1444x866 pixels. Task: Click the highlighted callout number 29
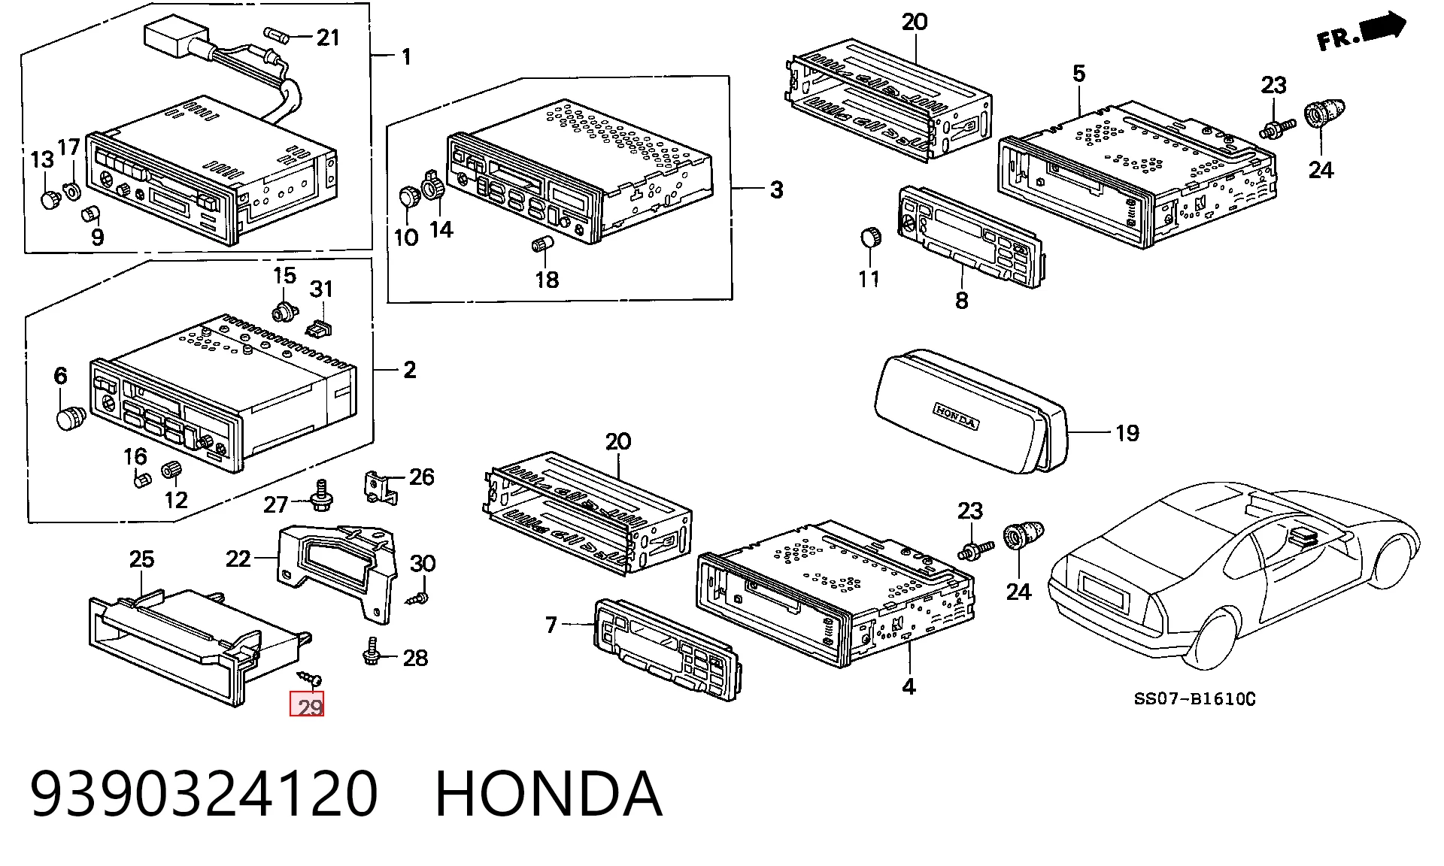click(x=307, y=705)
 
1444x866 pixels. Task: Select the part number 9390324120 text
click(x=204, y=794)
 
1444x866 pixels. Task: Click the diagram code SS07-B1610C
click(x=1194, y=699)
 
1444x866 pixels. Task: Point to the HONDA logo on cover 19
click(x=956, y=416)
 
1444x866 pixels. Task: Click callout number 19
click(x=1127, y=433)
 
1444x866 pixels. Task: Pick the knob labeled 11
click(x=870, y=238)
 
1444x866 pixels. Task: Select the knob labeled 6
click(x=71, y=417)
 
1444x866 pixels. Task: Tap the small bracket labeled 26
click(x=381, y=487)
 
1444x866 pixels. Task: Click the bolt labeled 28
click(x=372, y=651)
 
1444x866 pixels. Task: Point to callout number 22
click(x=238, y=559)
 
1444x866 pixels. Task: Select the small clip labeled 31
click(x=320, y=329)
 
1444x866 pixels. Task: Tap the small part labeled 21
click(x=276, y=35)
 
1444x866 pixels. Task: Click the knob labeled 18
click(x=541, y=244)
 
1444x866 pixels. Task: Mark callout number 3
click(x=776, y=189)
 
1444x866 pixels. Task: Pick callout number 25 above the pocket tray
click(x=141, y=559)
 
